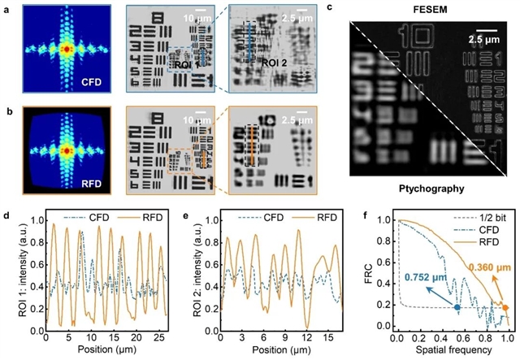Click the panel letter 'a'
coord(6,8)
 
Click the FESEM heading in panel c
coord(431,9)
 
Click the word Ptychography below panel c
coord(431,189)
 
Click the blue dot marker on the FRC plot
coord(457,308)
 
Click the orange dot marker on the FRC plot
coord(505,307)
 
